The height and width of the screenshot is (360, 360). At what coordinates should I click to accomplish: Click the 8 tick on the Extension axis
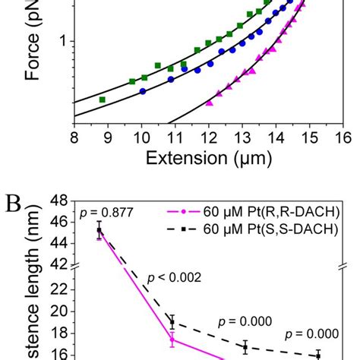(x=74, y=137)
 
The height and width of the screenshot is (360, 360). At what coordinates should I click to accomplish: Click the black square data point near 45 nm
(x=99, y=230)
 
